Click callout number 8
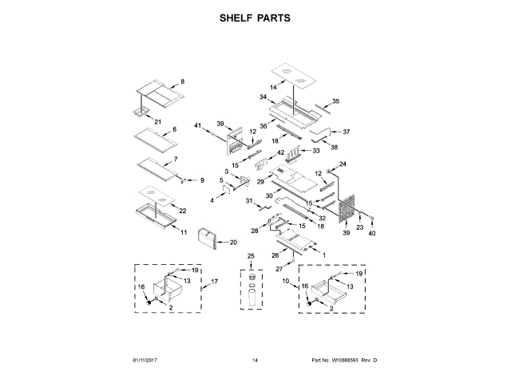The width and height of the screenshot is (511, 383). tap(181, 82)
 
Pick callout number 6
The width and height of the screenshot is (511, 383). tap(174, 128)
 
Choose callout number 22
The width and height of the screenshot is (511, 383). tap(183, 211)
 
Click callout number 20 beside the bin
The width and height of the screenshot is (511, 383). tap(234, 242)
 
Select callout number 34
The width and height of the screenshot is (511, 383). tap(263, 97)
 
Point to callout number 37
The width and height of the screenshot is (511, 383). tap(347, 132)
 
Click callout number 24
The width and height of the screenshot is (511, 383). tap(345, 164)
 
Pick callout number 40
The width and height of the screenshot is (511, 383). tap(371, 233)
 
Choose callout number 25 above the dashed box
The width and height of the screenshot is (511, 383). tap(250, 255)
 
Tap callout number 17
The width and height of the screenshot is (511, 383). tap(215, 282)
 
